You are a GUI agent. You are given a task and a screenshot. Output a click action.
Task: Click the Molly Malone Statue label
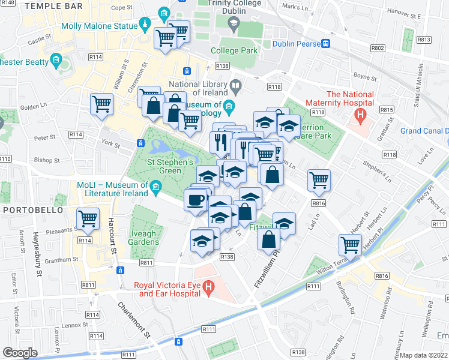(x=98, y=26)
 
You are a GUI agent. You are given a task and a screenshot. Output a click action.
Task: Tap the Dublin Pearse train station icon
(x=325, y=43)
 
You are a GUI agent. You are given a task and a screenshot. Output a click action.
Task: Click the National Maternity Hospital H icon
(x=360, y=113)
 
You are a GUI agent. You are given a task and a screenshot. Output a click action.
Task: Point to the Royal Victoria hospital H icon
(x=208, y=287)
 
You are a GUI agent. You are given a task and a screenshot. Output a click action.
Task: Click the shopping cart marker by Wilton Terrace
(x=350, y=244)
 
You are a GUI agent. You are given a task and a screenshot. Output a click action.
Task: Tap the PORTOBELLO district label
(x=29, y=210)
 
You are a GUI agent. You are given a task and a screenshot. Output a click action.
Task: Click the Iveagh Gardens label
(x=138, y=237)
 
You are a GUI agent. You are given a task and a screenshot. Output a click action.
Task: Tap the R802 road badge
(x=378, y=47)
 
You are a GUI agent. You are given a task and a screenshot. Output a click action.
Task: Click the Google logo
(x=19, y=353)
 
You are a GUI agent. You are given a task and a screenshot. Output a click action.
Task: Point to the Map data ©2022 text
(x=424, y=355)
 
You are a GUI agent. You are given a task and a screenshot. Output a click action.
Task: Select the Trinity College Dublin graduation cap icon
(x=234, y=23)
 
